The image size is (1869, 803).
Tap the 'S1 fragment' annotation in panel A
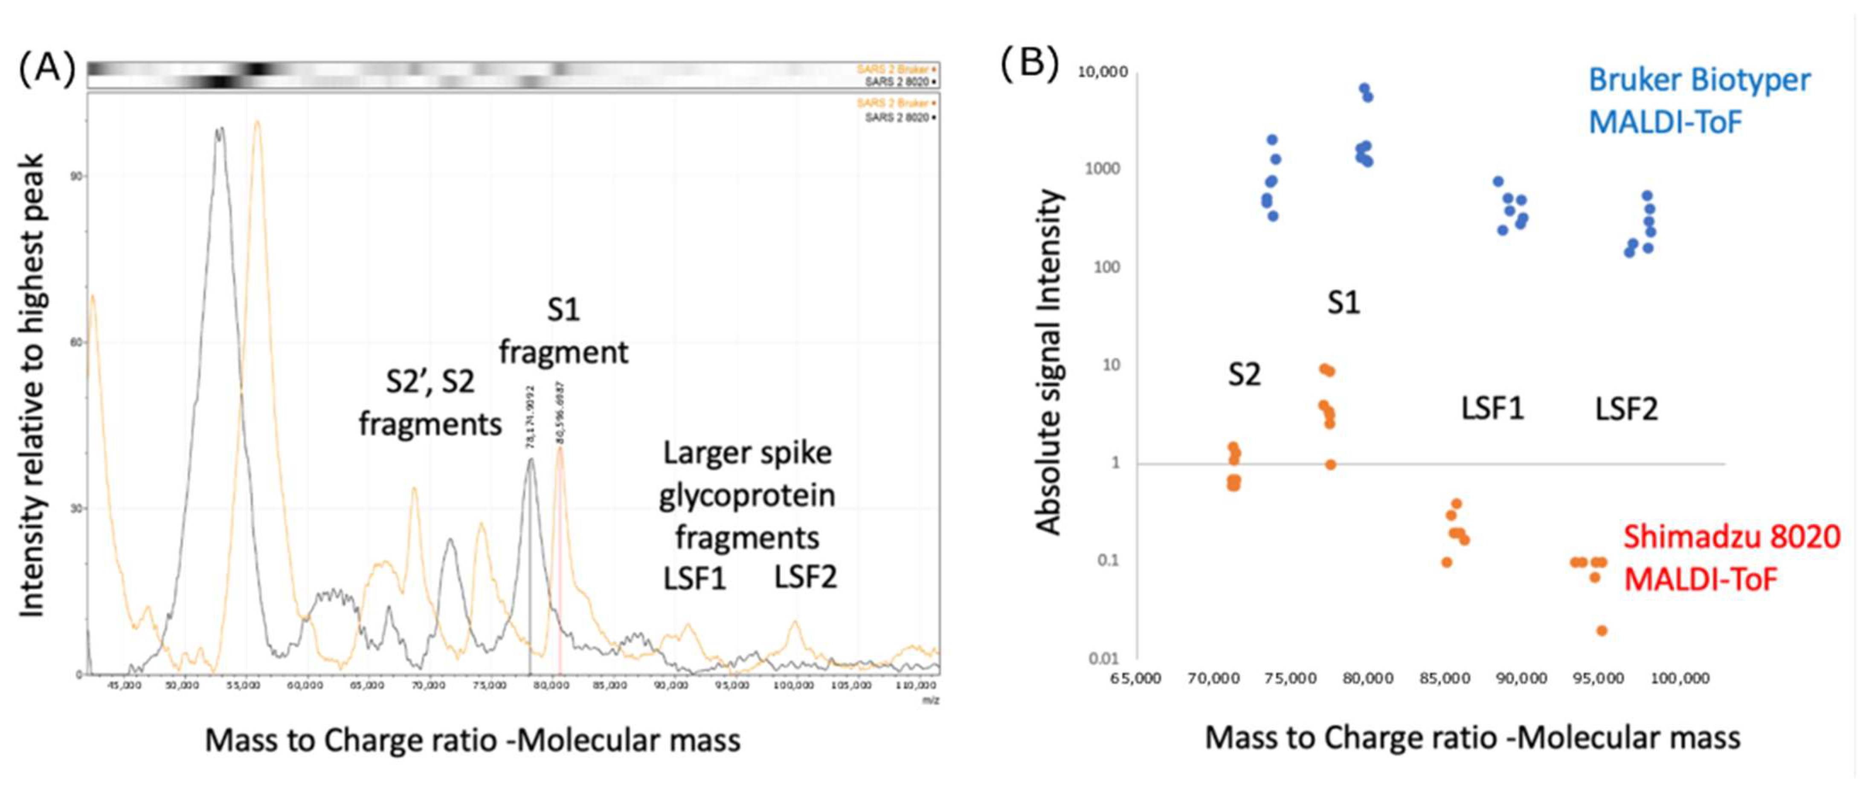[x=563, y=331]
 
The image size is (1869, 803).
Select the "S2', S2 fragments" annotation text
[x=430, y=402]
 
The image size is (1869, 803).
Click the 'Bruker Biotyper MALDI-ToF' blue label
[x=1698, y=100]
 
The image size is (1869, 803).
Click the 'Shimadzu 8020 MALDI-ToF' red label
[x=1731, y=558]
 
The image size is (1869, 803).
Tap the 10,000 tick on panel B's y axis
[x=1102, y=72]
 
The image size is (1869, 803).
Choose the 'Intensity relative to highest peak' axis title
[x=32, y=385]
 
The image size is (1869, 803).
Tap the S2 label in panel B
[x=1244, y=375]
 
